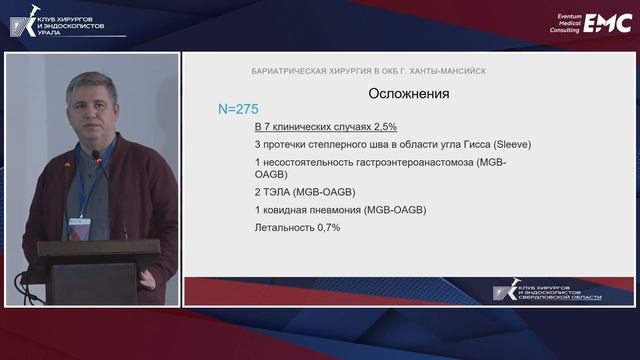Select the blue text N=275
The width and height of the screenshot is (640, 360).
point(239,107)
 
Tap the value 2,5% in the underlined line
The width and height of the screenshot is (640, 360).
point(383,126)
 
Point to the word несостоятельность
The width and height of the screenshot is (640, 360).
point(314,162)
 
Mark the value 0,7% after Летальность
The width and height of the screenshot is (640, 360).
point(326,228)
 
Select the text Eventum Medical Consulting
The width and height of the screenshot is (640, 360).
point(559,23)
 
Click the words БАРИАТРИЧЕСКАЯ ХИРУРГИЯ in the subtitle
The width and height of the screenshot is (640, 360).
point(304,71)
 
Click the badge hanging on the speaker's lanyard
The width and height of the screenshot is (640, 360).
point(80,221)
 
